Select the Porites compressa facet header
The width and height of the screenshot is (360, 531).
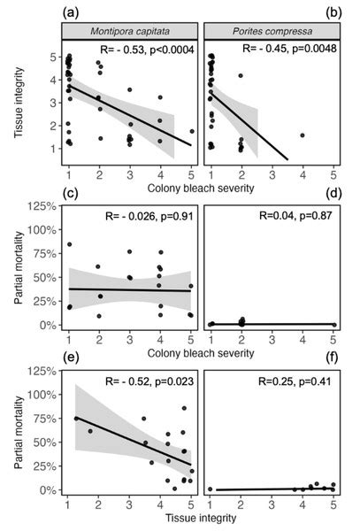tap(270, 33)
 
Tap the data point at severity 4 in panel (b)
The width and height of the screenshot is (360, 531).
tap(303, 135)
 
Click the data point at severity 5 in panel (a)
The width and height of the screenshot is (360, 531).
tap(192, 131)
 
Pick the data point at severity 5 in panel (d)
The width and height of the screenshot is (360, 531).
tap(333, 324)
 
